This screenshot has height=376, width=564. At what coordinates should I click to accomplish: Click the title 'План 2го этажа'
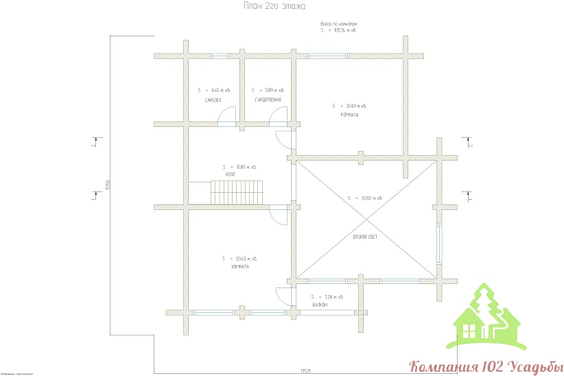point(274,6)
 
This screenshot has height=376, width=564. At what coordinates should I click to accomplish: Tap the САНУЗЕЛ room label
point(213,100)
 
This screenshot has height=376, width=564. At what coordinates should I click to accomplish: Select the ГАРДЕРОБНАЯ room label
point(268,100)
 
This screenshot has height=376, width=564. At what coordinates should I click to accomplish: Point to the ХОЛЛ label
point(231,176)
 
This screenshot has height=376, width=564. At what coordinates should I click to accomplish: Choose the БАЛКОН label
point(320,305)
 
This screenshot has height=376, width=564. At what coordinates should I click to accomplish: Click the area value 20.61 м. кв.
point(353,106)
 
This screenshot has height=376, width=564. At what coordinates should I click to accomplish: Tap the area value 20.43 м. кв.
point(244,259)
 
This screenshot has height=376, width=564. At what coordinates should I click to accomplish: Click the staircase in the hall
point(237,192)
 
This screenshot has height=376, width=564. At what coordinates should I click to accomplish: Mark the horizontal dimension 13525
point(306,371)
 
